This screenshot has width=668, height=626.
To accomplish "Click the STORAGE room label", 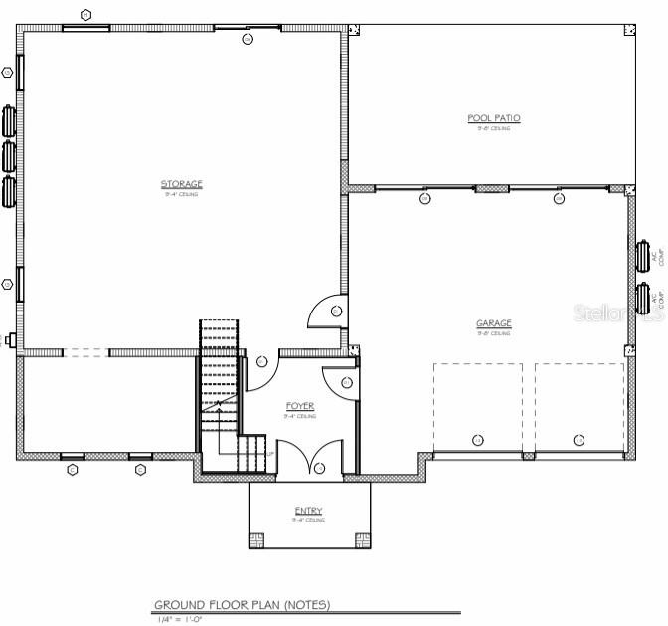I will [x=182, y=184].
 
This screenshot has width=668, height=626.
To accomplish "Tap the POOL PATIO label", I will [x=494, y=118].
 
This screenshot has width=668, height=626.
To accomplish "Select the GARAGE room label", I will [x=493, y=323].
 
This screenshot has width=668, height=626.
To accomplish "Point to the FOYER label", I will [x=300, y=406].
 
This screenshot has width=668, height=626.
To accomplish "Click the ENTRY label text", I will [x=308, y=511].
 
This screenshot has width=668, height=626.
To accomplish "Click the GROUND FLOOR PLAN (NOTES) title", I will [x=242, y=605].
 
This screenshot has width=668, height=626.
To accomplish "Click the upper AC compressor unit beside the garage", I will [x=643, y=255].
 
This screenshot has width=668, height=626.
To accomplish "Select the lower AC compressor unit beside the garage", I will [x=643, y=298].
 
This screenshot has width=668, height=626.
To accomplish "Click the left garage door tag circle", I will [x=477, y=440].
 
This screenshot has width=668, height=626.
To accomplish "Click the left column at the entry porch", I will [x=255, y=540].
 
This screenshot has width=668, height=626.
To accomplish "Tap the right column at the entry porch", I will [x=362, y=540].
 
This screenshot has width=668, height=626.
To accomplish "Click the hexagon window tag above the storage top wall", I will [x=86, y=15].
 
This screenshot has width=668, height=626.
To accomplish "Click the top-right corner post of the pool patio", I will [x=628, y=31].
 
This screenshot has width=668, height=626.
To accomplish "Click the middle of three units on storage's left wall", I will [x=10, y=155].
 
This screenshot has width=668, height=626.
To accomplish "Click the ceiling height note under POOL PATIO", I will [x=494, y=128].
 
